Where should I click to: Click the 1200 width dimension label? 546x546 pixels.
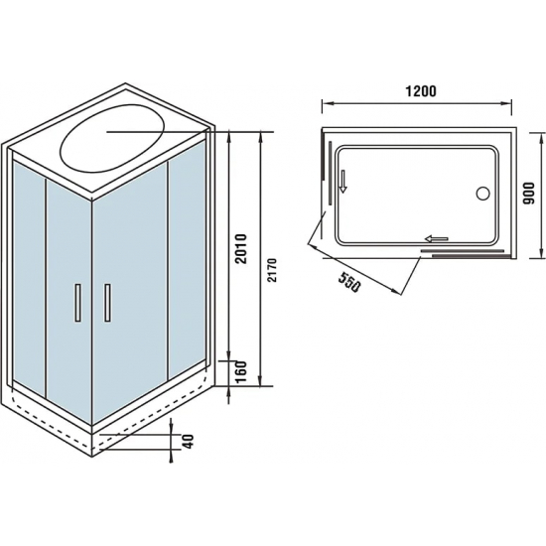point(422,90)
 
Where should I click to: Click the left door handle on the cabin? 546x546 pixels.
point(75,302)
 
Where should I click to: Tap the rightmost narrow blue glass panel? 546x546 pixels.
point(190,258)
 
